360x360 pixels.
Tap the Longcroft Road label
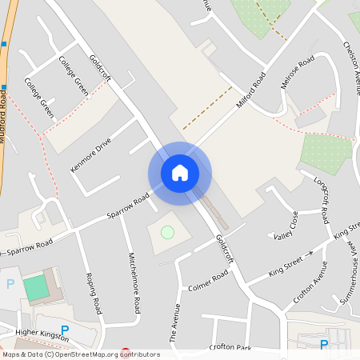tap(322, 200)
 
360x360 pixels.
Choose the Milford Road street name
tap(250, 91)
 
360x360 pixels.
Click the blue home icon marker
tap(179, 173)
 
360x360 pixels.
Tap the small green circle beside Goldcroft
tap(167, 232)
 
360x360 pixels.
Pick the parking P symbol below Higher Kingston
tap(66, 329)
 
